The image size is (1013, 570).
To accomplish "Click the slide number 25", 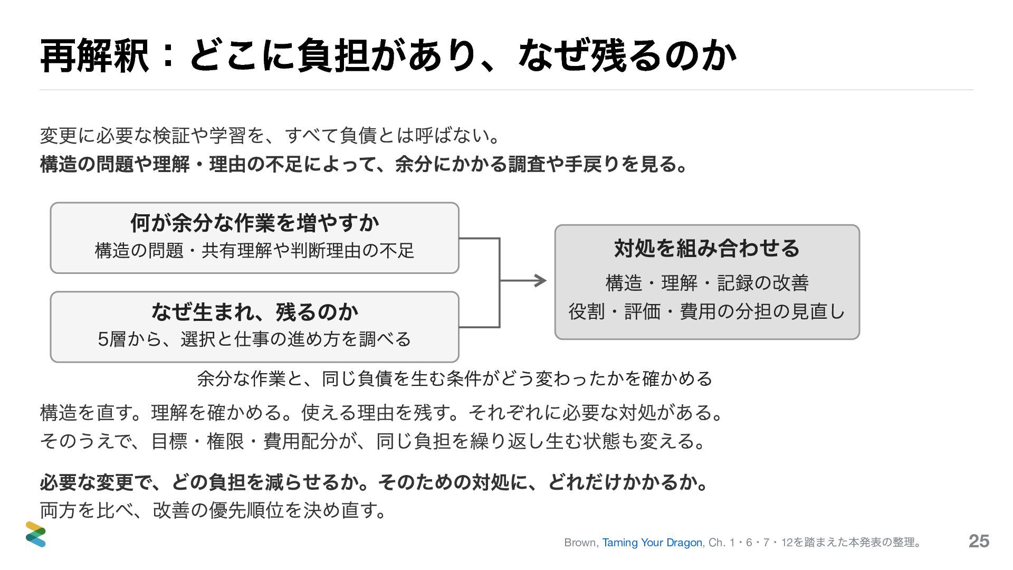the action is pyautogui.click(x=979, y=541).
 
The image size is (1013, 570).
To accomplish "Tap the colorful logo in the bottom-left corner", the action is pyautogui.click(x=36, y=534).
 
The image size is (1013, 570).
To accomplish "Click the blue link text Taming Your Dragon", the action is pyautogui.click(x=652, y=543).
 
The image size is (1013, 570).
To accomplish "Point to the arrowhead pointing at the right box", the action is pyautogui.click(x=541, y=281).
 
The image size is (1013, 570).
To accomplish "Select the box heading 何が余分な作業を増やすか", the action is pyautogui.click(x=254, y=223).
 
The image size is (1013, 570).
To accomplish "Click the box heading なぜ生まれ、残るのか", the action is pyautogui.click(x=254, y=312).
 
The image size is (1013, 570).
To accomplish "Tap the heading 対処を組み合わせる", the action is pyautogui.click(x=707, y=248).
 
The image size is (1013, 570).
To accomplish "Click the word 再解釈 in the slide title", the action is pyautogui.click(x=94, y=56).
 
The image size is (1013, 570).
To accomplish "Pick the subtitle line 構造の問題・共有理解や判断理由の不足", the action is pyautogui.click(x=254, y=250).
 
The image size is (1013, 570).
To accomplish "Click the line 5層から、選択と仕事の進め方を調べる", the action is pyautogui.click(x=254, y=339).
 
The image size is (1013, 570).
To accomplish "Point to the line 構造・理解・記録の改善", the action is pyautogui.click(x=707, y=283).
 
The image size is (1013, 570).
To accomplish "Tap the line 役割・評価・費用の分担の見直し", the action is pyautogui.click(x=707, y=311).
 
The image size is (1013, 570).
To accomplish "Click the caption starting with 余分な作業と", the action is pyautogui.click(x=455, y=378).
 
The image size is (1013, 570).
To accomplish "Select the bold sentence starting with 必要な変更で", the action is pyautogui.click(x=374, y=482).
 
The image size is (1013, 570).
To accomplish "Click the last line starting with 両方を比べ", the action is pyautogui.click(x=213, y=510).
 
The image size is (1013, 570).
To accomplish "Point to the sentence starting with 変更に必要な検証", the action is pyautogui.click(x=270, y=136).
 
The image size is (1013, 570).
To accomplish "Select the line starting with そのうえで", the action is pyautogui.click(x=372, y=441).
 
